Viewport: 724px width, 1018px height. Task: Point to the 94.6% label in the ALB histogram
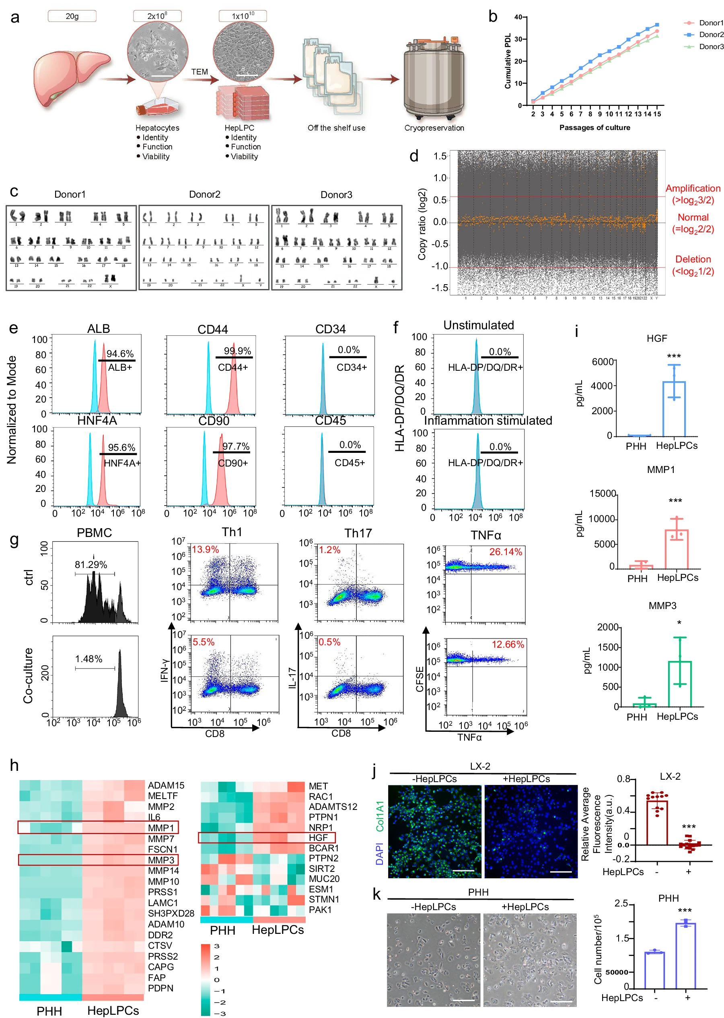pos(119,354)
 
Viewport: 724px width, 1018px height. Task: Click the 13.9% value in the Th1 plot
pos(205,549)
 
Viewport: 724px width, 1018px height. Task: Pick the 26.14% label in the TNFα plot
pos(505,552)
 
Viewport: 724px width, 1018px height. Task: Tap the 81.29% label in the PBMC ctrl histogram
pos(90,564)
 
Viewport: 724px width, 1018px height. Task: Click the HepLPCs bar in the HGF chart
pos(674,408)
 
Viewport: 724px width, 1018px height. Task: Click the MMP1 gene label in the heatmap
pos(161,828)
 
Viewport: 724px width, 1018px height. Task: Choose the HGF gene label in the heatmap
pos(318,837)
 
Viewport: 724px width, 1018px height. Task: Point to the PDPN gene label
pos(160,988)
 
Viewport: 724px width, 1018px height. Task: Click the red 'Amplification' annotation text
pos(692,188)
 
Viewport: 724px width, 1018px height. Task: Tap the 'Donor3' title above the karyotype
pos(336,194)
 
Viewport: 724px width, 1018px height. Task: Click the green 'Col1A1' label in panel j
pos(380,816)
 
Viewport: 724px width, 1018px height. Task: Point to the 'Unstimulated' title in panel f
pos(478,325)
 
